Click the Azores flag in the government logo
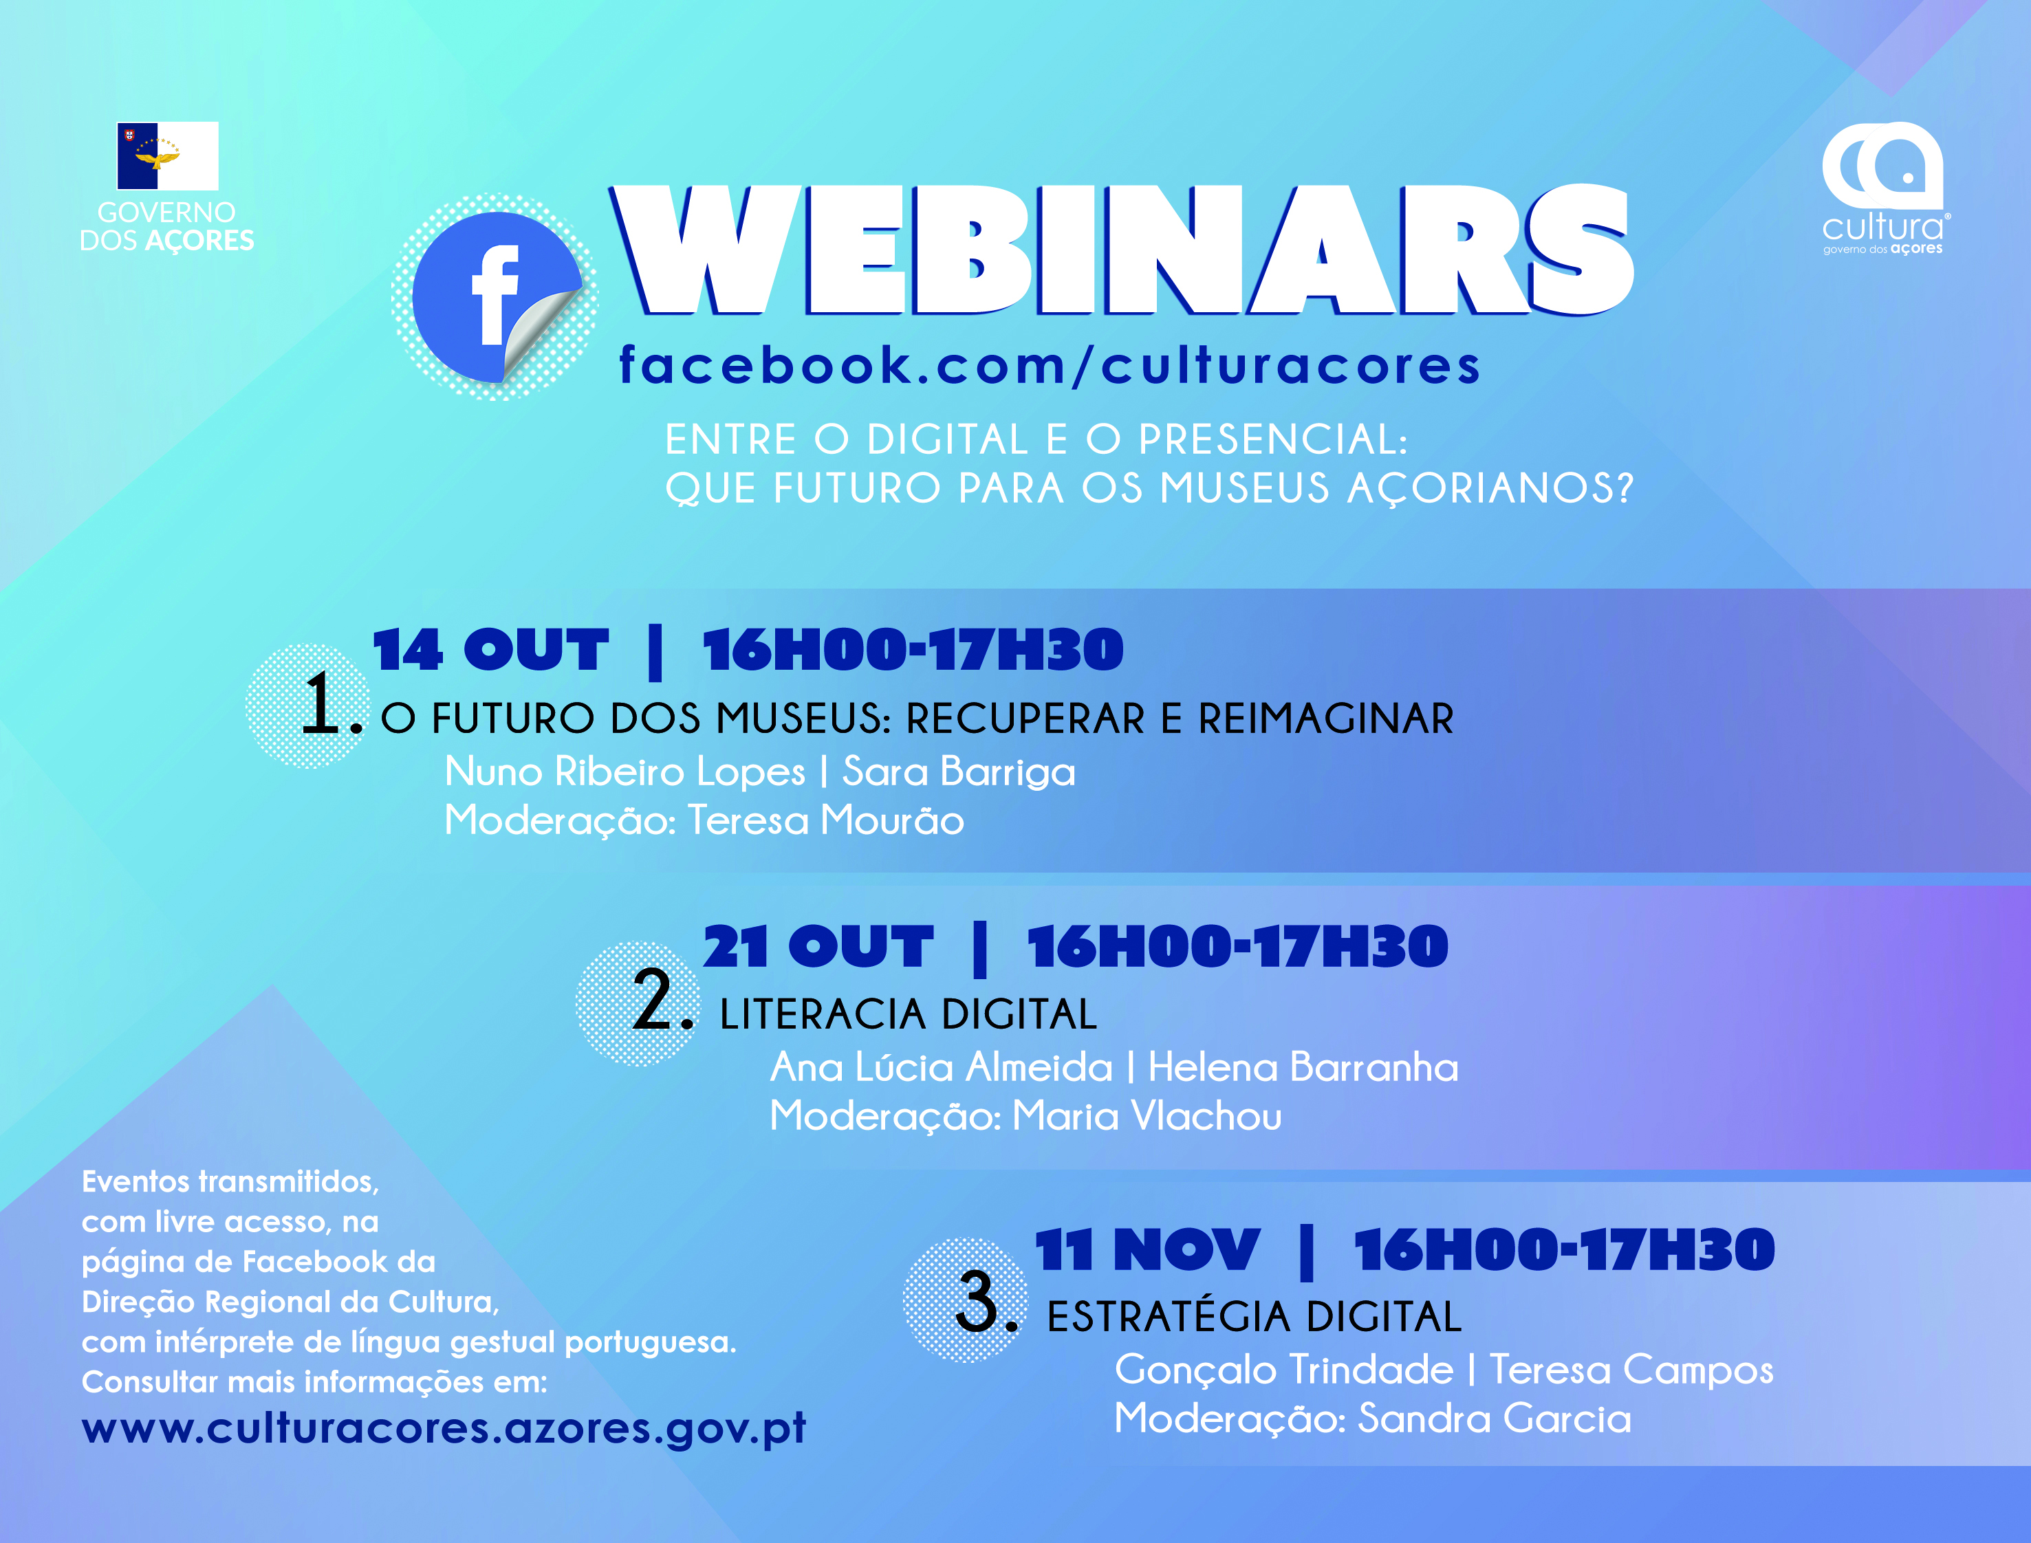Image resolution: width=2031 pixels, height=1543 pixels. click(x=167, y=156)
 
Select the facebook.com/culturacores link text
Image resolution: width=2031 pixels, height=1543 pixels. click(x=1049, y=366)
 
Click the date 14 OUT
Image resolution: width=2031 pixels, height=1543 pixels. click(x=490, y=650)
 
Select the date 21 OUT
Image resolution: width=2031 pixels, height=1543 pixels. click(x=818, y=947)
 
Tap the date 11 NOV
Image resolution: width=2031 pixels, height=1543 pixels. click(x=1147, y=1250)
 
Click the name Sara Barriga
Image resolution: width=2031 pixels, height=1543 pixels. click(x=959, y=772)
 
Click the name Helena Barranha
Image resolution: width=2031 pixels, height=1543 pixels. click(x=1303, y=1067)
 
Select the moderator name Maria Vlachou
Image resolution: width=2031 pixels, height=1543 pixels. click(x=1147, y=1116)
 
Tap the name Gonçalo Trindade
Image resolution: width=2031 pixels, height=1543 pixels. click(x=1284, y=1370)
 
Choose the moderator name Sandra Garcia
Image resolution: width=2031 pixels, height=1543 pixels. click(x=1495, y=1419)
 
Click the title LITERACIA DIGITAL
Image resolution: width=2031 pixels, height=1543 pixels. click(x=909, y=1015)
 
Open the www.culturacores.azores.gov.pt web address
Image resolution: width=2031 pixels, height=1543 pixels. click(x=444, y=1429)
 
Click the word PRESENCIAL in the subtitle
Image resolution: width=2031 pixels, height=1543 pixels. click(x=1273, y=440)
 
